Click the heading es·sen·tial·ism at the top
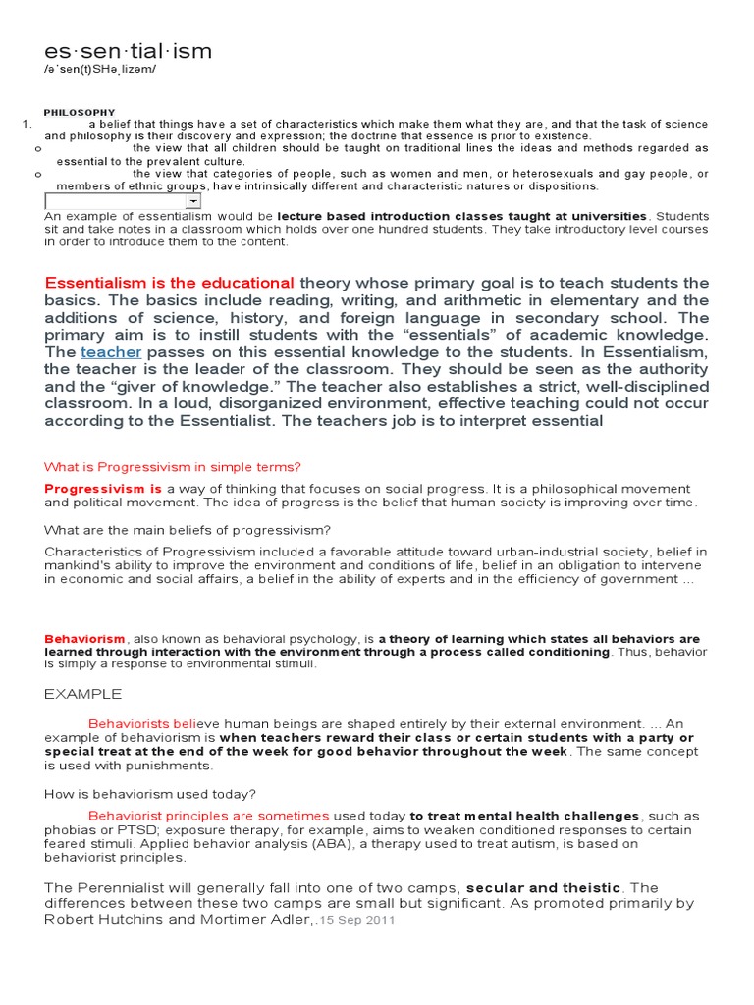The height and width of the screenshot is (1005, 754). [128, 51]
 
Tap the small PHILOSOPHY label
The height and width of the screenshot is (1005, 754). [80, 113]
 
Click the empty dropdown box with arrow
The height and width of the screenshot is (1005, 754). [124, 200]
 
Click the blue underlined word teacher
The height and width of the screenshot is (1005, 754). [111, 351]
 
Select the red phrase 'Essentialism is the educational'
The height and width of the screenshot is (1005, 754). [169, 283]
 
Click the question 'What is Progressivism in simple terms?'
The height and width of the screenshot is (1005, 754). [173, 466]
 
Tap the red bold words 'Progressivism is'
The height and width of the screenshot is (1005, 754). [103, 488]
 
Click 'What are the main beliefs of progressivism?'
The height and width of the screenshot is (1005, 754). [188, 530]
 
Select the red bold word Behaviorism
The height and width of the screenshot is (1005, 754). [84, 638]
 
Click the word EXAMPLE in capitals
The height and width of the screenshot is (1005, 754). [83, 694]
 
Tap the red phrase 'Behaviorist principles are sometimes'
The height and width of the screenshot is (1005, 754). [208, 816]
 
